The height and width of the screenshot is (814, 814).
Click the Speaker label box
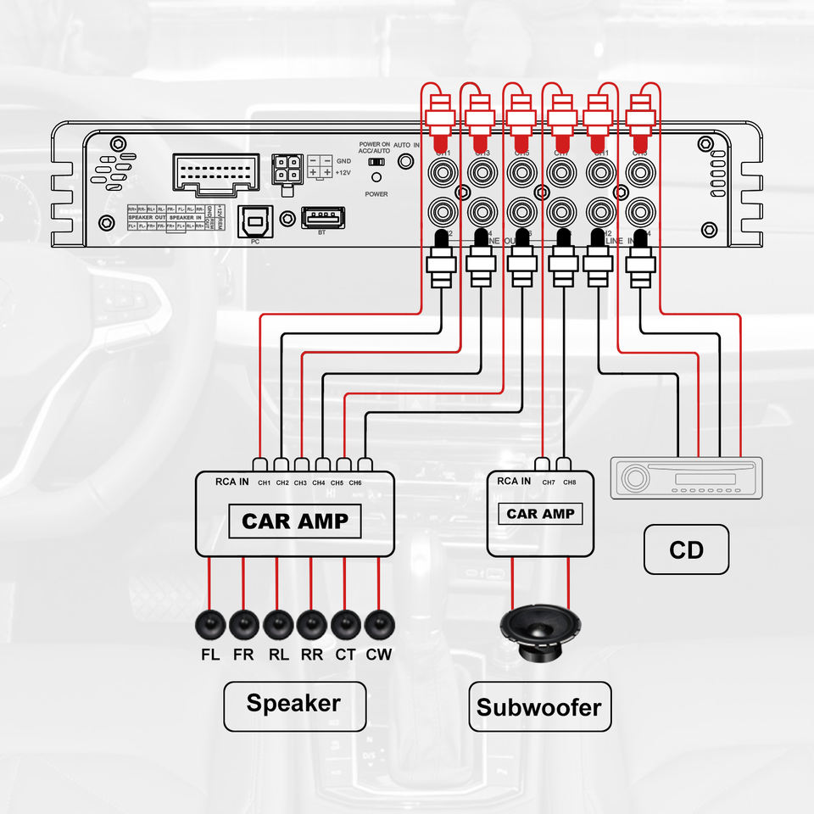(x=294, y=703)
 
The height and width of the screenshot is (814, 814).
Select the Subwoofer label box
(x=539, y=706)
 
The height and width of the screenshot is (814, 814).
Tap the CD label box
(x=686, y=549)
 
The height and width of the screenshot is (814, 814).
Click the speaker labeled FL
(x=210, y=625)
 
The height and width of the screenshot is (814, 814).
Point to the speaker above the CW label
(x=379, y=625)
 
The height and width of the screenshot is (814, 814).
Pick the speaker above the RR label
(x=312, y=625)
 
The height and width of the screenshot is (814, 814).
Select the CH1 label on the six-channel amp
(x=265, y=483)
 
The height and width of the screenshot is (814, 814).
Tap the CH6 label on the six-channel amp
(x=355, y=483)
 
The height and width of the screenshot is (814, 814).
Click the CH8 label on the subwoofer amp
(x=569, y=483)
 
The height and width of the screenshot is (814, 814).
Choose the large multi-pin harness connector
(x=215, y=176)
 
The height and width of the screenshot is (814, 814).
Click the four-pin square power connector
(x=286, y=168)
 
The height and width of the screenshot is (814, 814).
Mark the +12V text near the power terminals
(x=343, y=172)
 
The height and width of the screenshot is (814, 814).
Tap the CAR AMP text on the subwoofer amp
(x=540, y=514)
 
